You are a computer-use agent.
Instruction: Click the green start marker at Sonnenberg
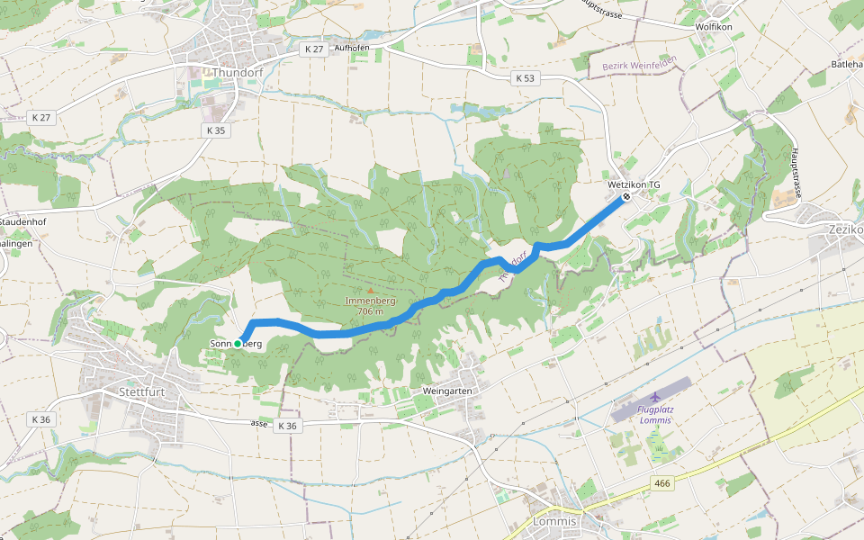[x=238, y=344]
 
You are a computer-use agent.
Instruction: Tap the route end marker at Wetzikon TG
[x=626, y=196]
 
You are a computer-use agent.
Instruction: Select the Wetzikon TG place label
[x=634, y=184]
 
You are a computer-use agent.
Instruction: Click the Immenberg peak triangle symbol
[x=369, y=290]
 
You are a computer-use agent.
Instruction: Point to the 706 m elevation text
[x=370, y=311]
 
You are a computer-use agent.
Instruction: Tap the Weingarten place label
[x=446, y=391]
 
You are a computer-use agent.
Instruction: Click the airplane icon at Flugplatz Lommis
[x=654, y=396]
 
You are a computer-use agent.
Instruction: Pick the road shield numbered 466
[x=662, y=484]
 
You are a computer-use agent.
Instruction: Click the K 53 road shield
[x=526, y=78]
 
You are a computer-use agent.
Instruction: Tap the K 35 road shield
[x=215, y=130]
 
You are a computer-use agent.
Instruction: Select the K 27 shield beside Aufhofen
[x=313, y=49]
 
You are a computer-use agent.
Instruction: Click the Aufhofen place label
[x=352, y=49]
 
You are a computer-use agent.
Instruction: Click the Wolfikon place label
[x=715, y=27]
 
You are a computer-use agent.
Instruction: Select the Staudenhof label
[x=22, y=221]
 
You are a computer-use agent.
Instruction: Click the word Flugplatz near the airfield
[x=655, y=409]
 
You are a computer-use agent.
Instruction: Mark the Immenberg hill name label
[x=370, y=301]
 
